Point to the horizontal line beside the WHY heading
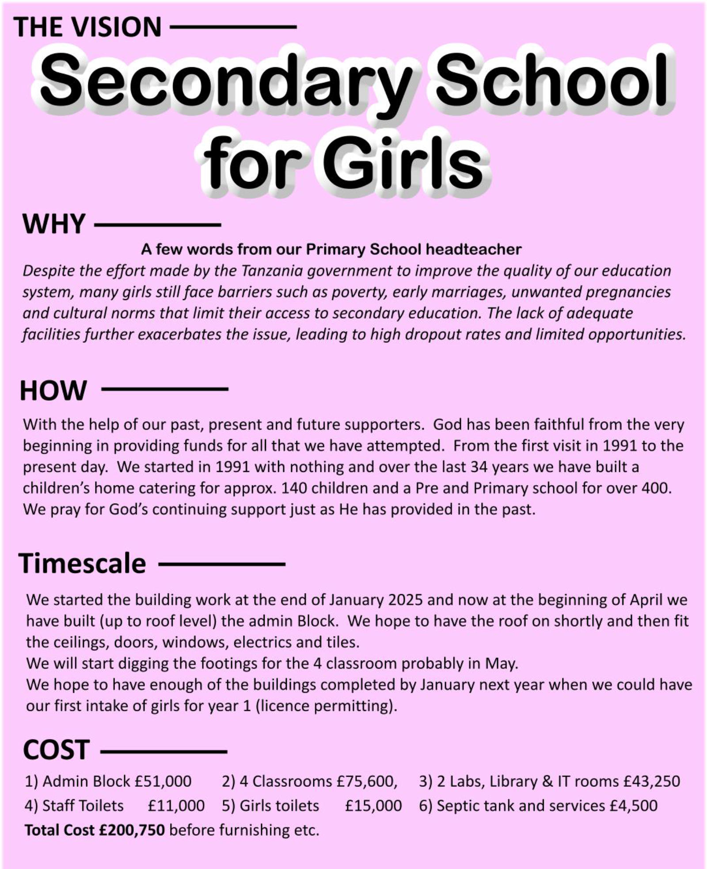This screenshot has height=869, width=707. tap(157, 225)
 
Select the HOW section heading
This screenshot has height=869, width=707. tap(53, 391)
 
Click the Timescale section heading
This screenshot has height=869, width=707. tap(82, 564)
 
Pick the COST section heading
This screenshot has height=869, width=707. tap(56, 750)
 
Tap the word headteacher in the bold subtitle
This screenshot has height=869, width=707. tap(473, 250)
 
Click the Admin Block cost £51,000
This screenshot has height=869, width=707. tap(163, 782)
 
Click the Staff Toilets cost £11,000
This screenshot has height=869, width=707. tap(176, 806)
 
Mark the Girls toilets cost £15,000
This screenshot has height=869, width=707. tap(373, 806)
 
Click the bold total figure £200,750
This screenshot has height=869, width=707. tap(132, 830)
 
